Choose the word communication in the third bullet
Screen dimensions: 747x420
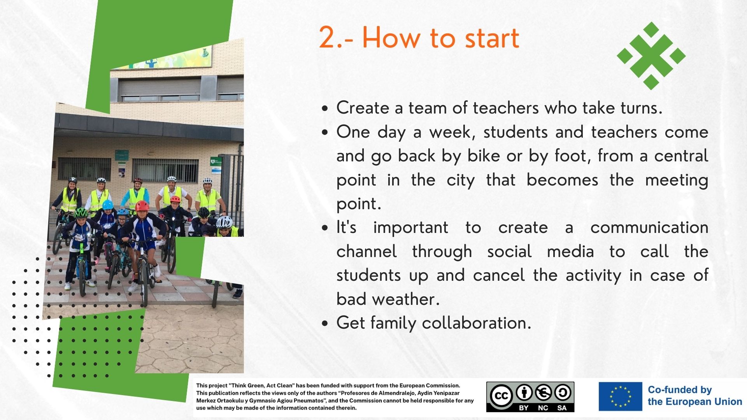point(649,227)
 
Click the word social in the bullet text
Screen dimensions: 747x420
point(509,251)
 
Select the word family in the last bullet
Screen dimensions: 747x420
point(393,323)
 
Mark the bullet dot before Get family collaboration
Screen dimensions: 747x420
point(325,324)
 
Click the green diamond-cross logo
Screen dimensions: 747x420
point(651,56)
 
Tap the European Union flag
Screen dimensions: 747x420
point(620,396)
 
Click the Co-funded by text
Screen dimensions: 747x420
point(680,390)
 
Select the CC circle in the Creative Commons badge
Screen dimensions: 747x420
point(501,395)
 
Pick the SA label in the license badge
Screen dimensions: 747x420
point(562,408)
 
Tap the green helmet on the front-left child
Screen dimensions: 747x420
point(81,213)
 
